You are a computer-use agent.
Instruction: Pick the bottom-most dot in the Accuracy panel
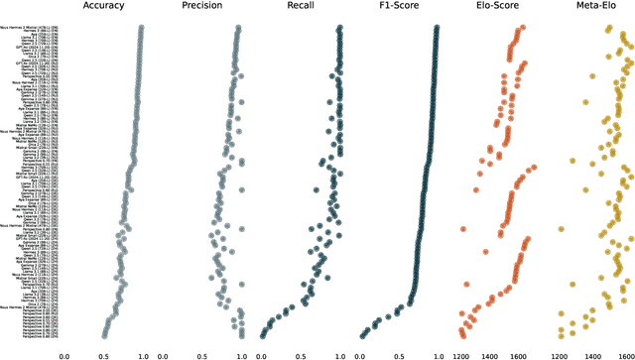[104, 335]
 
